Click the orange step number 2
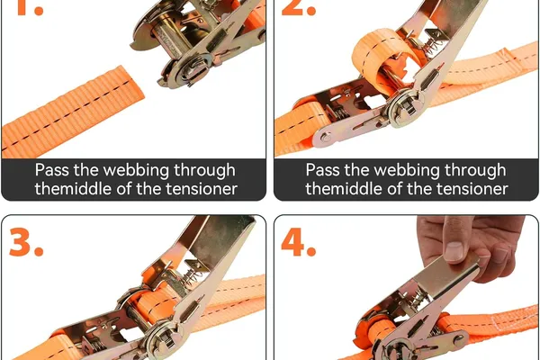click(299, 8)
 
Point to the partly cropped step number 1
click(30, 8)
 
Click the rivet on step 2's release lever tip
click(325, 137)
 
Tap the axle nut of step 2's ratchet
click(409, 107)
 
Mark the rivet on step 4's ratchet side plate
click(459, 339)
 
